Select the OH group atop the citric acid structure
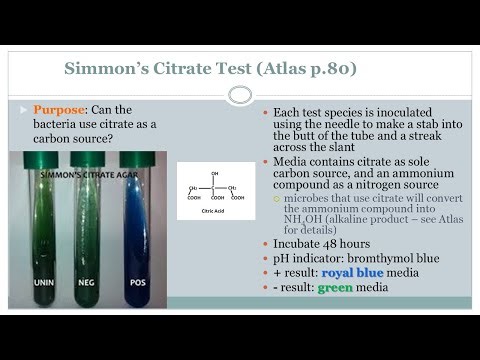pyautogui.click(x=214, y=173)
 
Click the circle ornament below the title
pyautogui.click(x=239, y=95)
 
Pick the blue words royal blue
pyautogui.click(x=351, y=273)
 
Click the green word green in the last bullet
pyautogui.click(x=336, y=288)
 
